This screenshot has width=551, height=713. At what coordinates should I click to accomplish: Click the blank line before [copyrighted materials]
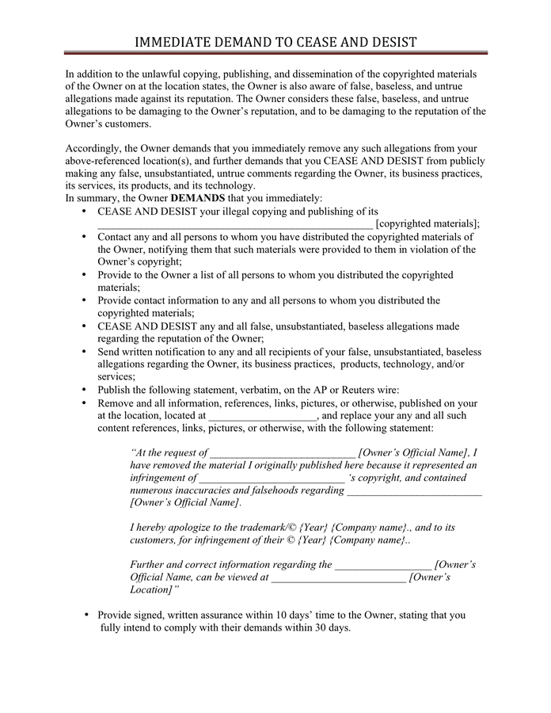234,224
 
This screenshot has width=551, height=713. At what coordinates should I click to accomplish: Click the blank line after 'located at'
263,416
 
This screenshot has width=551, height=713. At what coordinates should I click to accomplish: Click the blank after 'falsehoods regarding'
414,491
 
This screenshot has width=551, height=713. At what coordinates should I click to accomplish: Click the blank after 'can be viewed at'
338,578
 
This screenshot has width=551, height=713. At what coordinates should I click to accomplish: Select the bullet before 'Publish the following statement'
85,390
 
